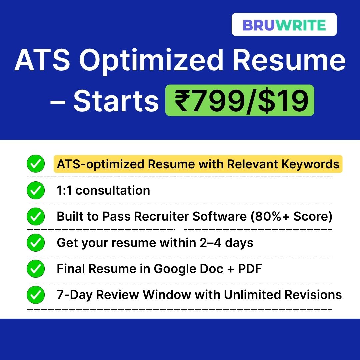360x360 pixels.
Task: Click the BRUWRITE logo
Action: (x=284, y=25)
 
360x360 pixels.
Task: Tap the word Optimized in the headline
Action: (x=151, y=61)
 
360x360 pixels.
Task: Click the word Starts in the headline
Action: (x=116, y=101)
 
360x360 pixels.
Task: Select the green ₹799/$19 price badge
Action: (x=240, y=100)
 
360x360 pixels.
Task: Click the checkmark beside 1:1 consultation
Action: (x=36, y=190)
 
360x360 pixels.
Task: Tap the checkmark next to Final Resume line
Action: (x=36, y=269)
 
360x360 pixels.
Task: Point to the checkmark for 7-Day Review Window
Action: (x=36, y=295)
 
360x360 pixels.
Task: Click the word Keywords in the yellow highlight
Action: (x=310, y=164)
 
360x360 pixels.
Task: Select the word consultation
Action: (x=113, y=190)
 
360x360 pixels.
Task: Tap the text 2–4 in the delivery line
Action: (x=211, y=243)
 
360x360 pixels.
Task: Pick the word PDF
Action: (x=250, y=269)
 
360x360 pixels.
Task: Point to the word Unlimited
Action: (x=252, y=295)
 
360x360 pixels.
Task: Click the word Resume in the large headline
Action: (x=289, y=61)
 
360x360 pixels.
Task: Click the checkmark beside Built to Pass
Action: (x=36, y=216)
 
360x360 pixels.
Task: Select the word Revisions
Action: (x=313, y=295)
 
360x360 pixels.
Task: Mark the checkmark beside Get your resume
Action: (x=36, y=242)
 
